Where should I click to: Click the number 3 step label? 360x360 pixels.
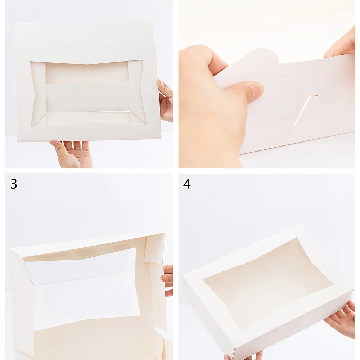click(14, 184)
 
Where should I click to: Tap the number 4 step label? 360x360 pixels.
click(186, 184)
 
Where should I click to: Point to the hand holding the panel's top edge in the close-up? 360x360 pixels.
click(342, 43)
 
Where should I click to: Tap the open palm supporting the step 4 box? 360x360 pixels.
click(342, 319)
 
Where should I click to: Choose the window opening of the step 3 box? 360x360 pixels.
click(83, 288)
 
